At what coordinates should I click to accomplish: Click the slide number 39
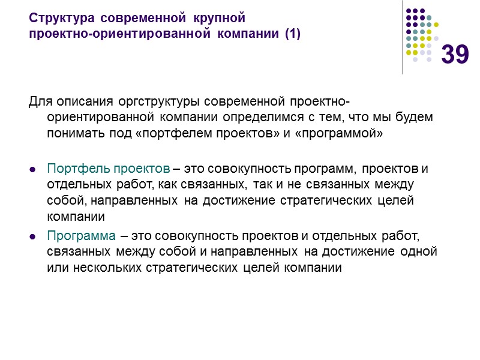pos(455,55)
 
